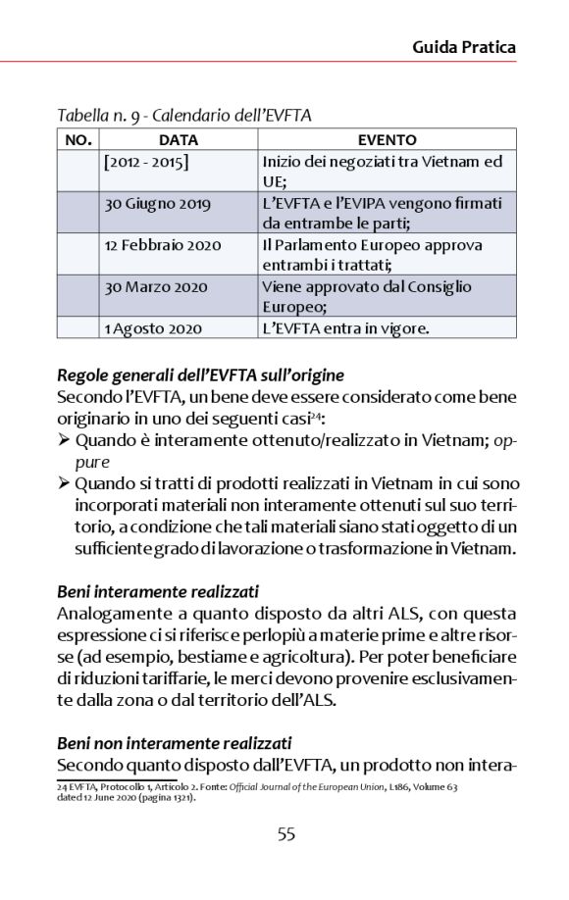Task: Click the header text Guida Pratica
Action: click(x=463, y=46)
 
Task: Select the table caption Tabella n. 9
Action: click(x=184, y=116)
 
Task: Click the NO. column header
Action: click(x=78, y=140)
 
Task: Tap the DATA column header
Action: click(x=178, y=140)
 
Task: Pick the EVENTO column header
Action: click(x=387, y=140)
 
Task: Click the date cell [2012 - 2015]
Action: click(x=146, y=161)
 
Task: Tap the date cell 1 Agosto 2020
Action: click(x=153, y=327)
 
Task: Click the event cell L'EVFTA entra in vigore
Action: click(x=345, y=327)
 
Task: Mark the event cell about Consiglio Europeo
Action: click(x=367, y=296)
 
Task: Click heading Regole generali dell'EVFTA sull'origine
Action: click(x=200, y=375)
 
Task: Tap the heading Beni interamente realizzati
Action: click(x=157, y=591)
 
